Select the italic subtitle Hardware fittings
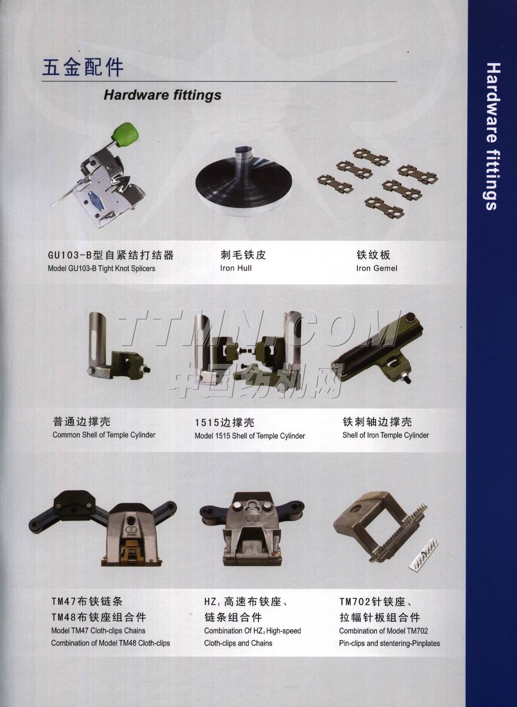coord(162,95)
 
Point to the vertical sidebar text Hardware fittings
coord(491,136)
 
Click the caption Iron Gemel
coord(377,268)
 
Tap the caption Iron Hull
coord(236,268)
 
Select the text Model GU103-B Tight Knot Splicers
coord(101,268)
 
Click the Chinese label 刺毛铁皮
coord(243,255)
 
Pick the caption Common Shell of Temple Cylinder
coord(104,435)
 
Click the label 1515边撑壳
coord(224,422)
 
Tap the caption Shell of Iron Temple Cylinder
coord(385,435)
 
